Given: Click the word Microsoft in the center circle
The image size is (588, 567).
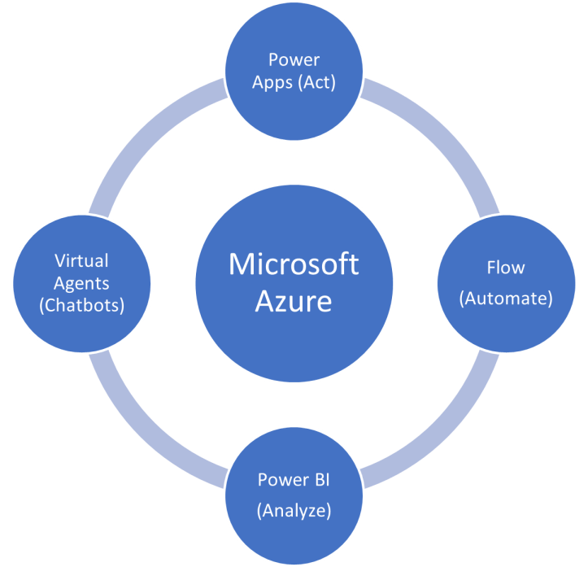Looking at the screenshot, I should pyautogui.click(x=294, y=264).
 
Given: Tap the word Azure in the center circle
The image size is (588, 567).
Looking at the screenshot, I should pyautogui.click(x=294, y=302).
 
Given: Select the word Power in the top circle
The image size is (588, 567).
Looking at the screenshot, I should pyautogui.click(x=294, y=59).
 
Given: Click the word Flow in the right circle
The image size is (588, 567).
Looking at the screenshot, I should pyautogui.click(x=506, y=268).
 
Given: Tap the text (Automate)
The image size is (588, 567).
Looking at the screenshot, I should pyautogui.click(x=506, y=299).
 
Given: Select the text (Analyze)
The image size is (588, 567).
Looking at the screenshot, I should pyautogui.click(x=294, y=511).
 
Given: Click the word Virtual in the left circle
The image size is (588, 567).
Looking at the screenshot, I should pyautogui.click(x=81, y=260).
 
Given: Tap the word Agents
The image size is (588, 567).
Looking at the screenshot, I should pyautogui.click(x=81, y=284).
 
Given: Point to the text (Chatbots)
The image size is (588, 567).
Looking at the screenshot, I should pyautogui.click(x=81, y=307).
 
